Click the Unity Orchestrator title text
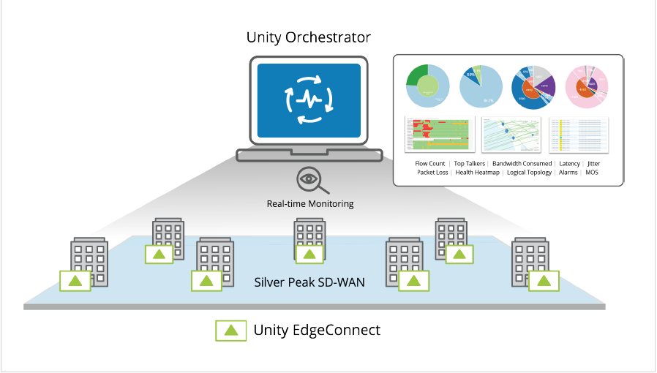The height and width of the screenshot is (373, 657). [x=309, y=37]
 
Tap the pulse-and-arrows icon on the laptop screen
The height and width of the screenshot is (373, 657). [x=309, y=100]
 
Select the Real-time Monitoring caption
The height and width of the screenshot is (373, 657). [x=309, y=204]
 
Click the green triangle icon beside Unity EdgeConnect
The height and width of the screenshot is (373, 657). [x=230, y=331]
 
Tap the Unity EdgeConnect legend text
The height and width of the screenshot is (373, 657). [x=317, y=330]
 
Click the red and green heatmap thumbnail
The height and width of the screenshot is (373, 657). [x=433, y=134]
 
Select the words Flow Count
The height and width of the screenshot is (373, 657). [x=429, y=164]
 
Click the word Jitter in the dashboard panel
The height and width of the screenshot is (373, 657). [x=593, y=164]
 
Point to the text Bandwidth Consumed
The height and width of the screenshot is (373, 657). [x=522, y=164]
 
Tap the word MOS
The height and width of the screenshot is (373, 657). [x=592, y=173]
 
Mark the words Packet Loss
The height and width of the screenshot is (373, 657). [x=433, y=173]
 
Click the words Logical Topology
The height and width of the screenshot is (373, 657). [x=529, y=173]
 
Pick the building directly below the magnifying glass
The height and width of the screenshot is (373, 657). [x=309, y=238]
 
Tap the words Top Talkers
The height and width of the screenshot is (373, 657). [x=470, y=164]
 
